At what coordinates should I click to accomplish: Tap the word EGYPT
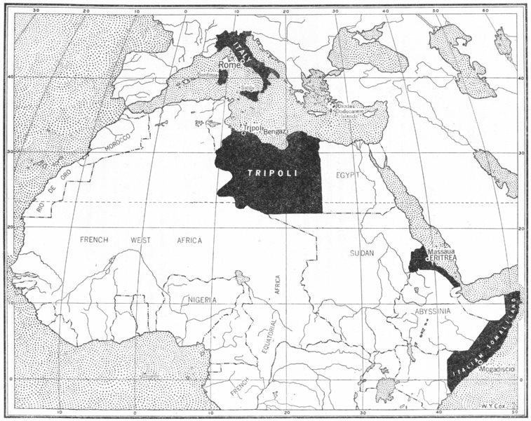tap(348, 173)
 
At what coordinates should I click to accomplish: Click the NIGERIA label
tap(202, 300)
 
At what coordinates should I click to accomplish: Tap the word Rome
tap(229, 65)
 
